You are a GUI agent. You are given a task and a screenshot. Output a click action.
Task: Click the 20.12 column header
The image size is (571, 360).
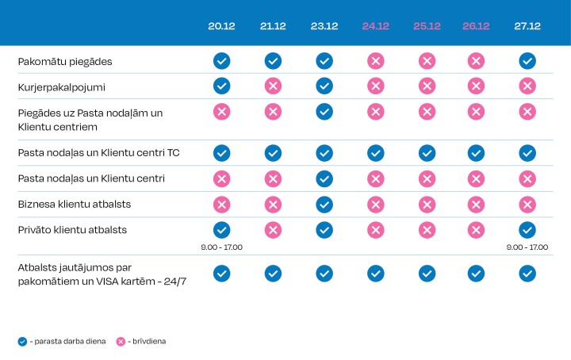pyautogui.click(x=221, y=26)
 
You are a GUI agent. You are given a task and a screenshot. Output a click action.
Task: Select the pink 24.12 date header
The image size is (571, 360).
pyautogui.click(x=375, y=26)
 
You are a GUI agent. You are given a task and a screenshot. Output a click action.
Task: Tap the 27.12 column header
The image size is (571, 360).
pyautogui.click(x=527, y=26)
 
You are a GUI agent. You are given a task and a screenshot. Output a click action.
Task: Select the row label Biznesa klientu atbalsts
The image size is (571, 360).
pyautogui.click(x=75, y=204)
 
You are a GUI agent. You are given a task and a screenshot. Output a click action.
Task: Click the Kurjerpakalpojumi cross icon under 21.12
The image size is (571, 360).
pyautogui.click(x=273, y=86)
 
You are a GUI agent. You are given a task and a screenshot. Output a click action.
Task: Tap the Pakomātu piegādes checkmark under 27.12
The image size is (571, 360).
pyautogui.click(x=527, y=60)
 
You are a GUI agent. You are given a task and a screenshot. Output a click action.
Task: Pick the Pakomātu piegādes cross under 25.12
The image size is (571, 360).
pyautogui.click(x=427, y=60)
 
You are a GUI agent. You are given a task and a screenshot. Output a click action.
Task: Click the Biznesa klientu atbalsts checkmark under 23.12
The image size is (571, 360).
pyautogui.click(x=324, y=204)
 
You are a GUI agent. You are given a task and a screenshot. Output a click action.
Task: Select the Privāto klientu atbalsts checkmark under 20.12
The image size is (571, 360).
pyautogui.click(x=221, y=230)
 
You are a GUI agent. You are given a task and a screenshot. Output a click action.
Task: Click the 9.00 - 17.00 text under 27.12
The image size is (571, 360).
pyautogui.click(x=527, y=247)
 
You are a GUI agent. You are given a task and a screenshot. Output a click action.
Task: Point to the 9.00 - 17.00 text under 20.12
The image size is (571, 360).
pyautogui.click(x=221, y=247)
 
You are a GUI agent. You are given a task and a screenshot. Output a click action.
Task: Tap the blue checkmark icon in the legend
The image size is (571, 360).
pyautogui.click(x=22, y=342)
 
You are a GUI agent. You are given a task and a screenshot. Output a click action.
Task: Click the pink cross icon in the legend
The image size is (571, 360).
pyautogui.click(x=121, y=342)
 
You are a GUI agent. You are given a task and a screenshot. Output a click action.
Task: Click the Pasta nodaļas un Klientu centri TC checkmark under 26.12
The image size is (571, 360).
pyautogui.click(x=476, y=152)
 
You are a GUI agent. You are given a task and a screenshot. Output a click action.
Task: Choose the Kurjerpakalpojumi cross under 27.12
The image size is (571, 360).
pyautogui.click(x=527, y=86)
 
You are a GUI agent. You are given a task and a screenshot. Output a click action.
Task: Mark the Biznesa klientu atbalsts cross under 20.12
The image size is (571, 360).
pyautogui.click(x=221, y=204)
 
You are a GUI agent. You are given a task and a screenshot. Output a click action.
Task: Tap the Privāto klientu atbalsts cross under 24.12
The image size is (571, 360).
pyautogui.click(x=375, y=230)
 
